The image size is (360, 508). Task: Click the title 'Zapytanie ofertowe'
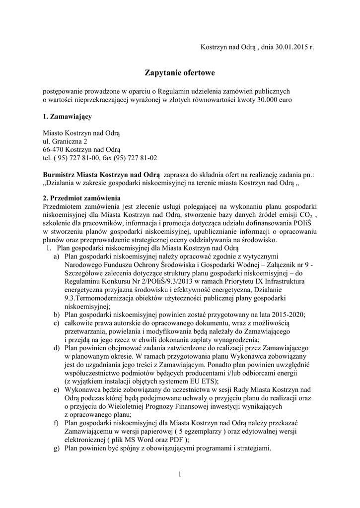[180, 73]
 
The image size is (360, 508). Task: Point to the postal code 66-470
[53, 149]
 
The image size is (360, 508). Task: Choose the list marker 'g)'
[57, 448]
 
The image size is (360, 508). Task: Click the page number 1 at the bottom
[180, 475]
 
